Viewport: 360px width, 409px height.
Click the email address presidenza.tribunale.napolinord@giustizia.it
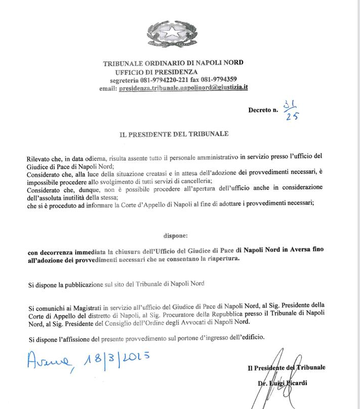click(183, 88)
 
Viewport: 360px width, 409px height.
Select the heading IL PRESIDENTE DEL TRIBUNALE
click(174, 134)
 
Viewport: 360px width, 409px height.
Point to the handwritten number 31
click(290, 104)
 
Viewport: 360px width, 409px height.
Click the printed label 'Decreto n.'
click(263, 110)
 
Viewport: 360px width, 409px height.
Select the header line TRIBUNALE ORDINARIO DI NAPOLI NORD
click(173, 63)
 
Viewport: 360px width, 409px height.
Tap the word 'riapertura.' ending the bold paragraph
click(223, 260)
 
